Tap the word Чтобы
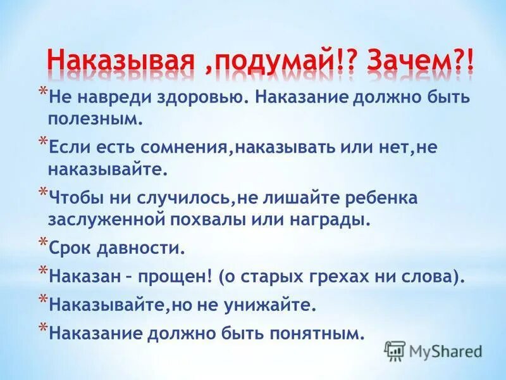coord(75,198)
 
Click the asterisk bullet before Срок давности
coord(42,241)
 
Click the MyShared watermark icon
coord(395,351)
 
